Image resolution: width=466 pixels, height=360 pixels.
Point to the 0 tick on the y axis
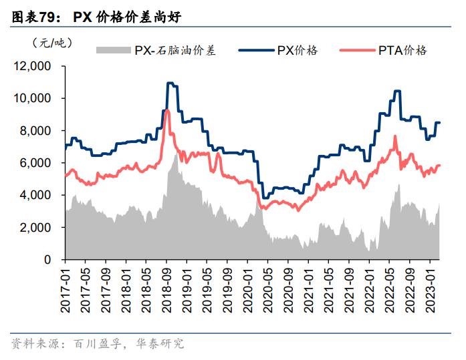click(48, 259)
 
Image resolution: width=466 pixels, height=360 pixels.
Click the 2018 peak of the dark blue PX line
click(170, 83)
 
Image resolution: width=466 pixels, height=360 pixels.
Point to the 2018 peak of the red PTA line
click(167, 110)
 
